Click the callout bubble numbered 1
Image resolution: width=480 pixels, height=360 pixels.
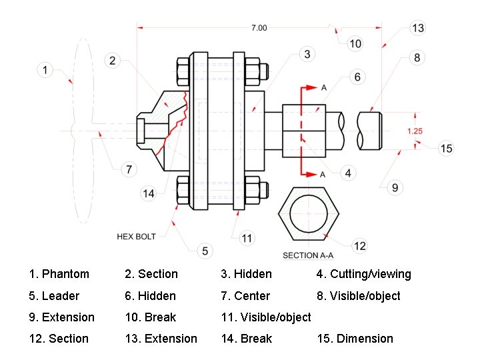(x=45, y=69)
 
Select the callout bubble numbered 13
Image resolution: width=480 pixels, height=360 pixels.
(x=418, y=28)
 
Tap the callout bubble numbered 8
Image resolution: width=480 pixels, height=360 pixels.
(x=417, y=58)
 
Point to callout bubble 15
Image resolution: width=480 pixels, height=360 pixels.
(x=447, y=148)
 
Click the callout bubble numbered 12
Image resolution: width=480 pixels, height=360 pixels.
(x=359, y=246)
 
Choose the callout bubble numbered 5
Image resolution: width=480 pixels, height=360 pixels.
(x=205, y=251)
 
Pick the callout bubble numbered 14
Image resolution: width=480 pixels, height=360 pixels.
(x=149, y=193)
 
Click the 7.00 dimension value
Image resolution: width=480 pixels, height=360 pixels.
(x=259, y=27)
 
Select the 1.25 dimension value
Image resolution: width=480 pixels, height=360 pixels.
(x=415, y=131)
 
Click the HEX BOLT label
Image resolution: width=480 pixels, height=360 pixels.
(x=136, y=237)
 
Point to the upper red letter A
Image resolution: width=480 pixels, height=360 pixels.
(x=323, y=88)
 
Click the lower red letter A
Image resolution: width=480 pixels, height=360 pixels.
(x=323, y=174)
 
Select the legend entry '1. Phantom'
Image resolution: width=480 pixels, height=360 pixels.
(x=59, y=274)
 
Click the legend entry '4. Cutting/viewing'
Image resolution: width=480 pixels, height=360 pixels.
(x=363, y=274)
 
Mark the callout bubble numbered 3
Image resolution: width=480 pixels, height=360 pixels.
(x=307, y=54)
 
